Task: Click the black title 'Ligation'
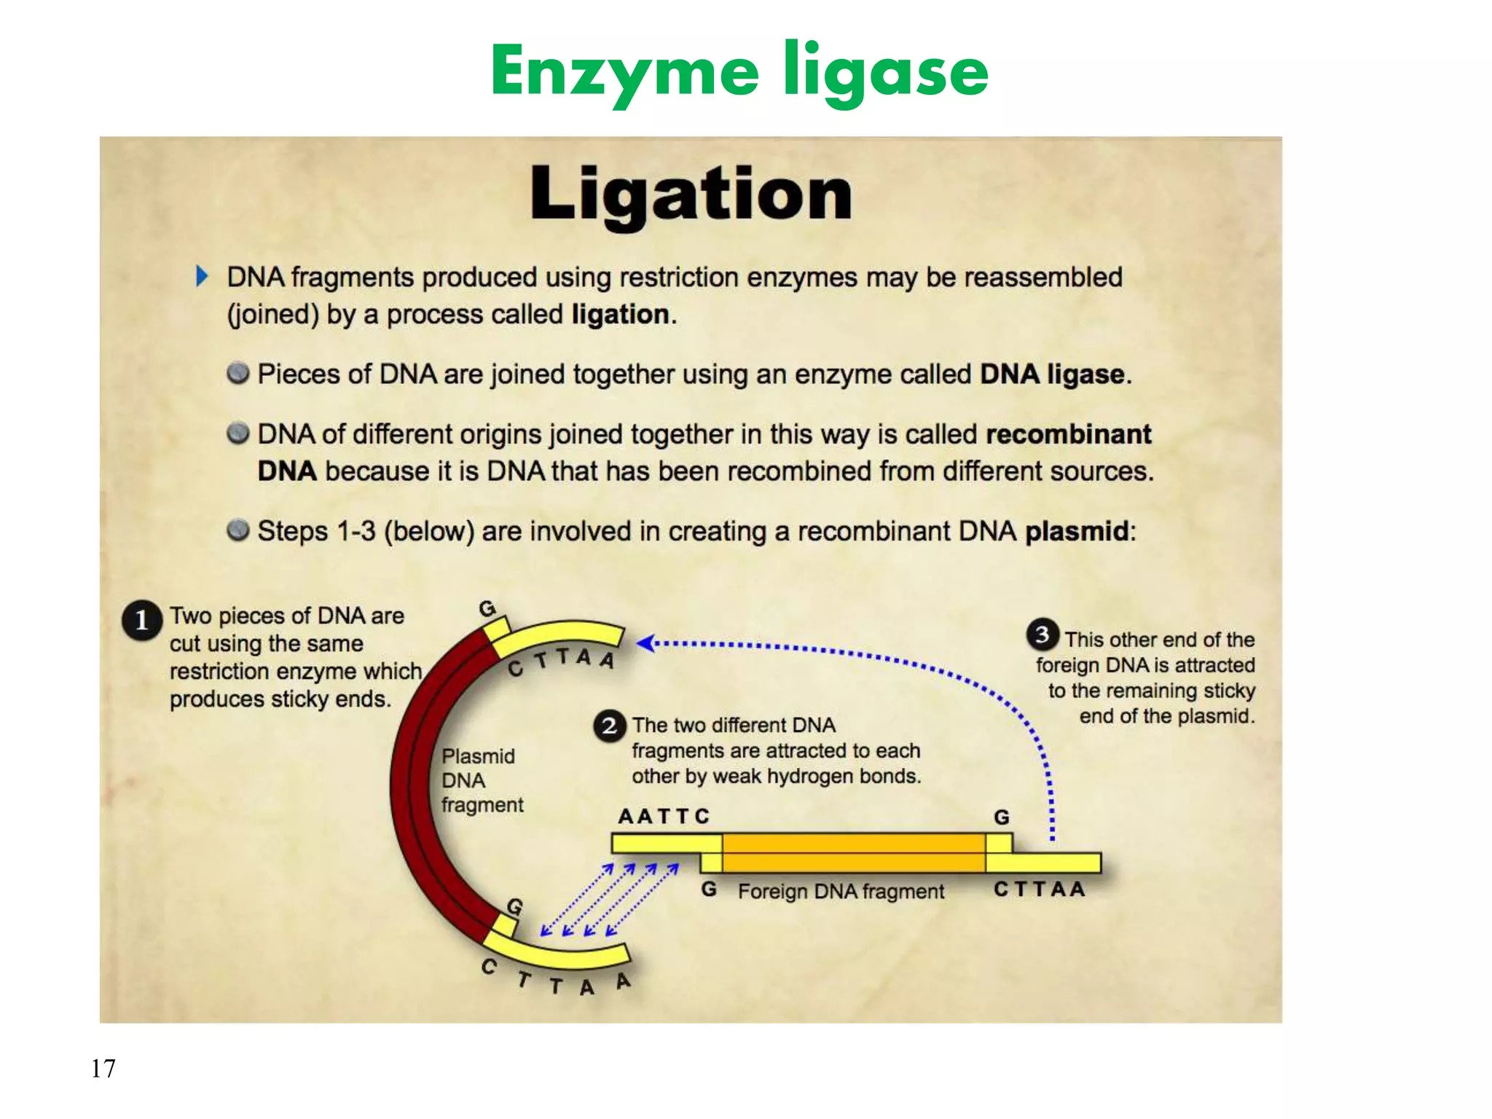(x=691, y=194)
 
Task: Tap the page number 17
(x=103, y=1068)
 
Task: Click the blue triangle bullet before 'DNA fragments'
(x=202, y=277)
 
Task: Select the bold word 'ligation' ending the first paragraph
(x=620, y=315)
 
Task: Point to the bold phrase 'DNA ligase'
(x=1052, y=374)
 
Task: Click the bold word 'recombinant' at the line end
(x=1068, y=434)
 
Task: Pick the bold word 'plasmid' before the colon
(x=1077, y=531)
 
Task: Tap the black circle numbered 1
(x=141, y=620)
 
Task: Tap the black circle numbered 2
(x=610, y=726)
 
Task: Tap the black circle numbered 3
(x=1043, y=635)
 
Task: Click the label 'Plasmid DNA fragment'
(x=481, y=780)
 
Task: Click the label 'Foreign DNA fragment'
(x=841, y=892)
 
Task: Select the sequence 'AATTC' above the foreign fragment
(x=663, y=817)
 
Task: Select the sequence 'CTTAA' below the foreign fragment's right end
(x=1040, y=890)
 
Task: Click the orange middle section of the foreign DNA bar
(x=852, y=853)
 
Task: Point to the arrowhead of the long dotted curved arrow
(x=644, y=643)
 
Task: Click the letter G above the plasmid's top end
(x=487, y=608)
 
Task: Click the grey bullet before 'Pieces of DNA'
(x=237, y=374)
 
